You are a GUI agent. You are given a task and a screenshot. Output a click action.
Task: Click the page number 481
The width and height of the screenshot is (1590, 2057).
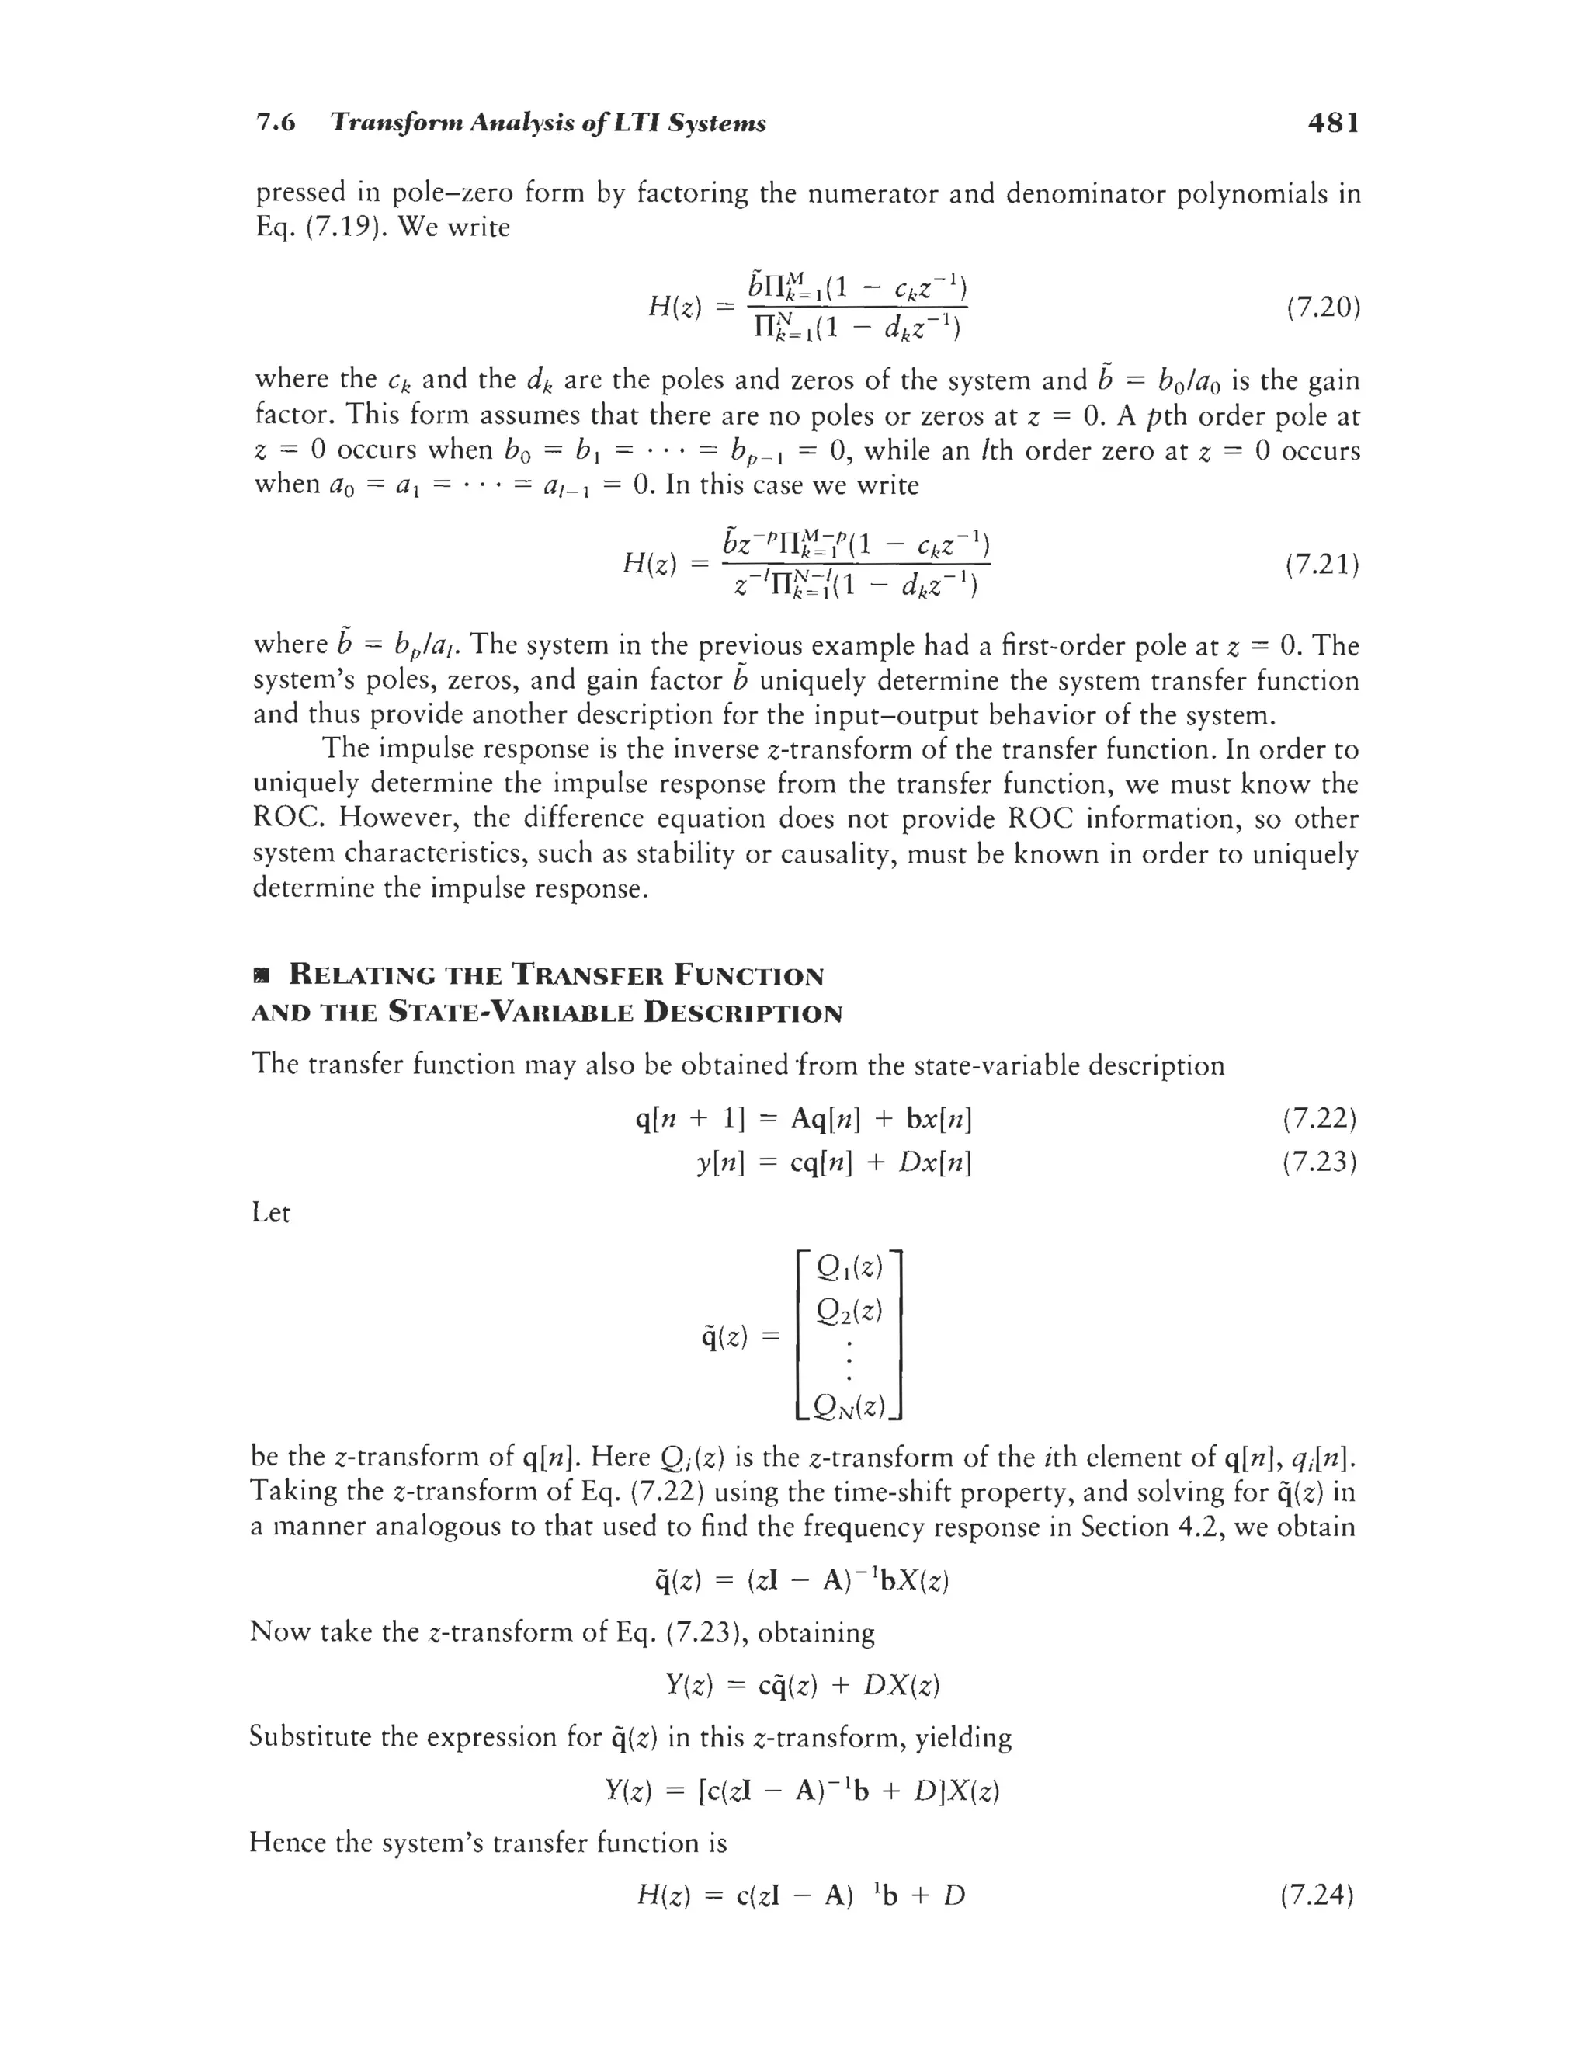(1333, 123)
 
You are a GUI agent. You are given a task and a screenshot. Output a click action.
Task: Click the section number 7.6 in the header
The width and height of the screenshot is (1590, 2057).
(276, 123)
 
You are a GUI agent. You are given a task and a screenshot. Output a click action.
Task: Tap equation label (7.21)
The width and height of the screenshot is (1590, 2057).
(1322, 565)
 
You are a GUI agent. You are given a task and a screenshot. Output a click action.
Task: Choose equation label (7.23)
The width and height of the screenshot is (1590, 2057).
(1319, 1162)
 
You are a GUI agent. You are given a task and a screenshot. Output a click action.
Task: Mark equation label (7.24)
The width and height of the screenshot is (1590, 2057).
(1317, 1894)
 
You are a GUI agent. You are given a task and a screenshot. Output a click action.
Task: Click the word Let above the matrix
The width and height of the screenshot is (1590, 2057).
(270, 1213)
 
